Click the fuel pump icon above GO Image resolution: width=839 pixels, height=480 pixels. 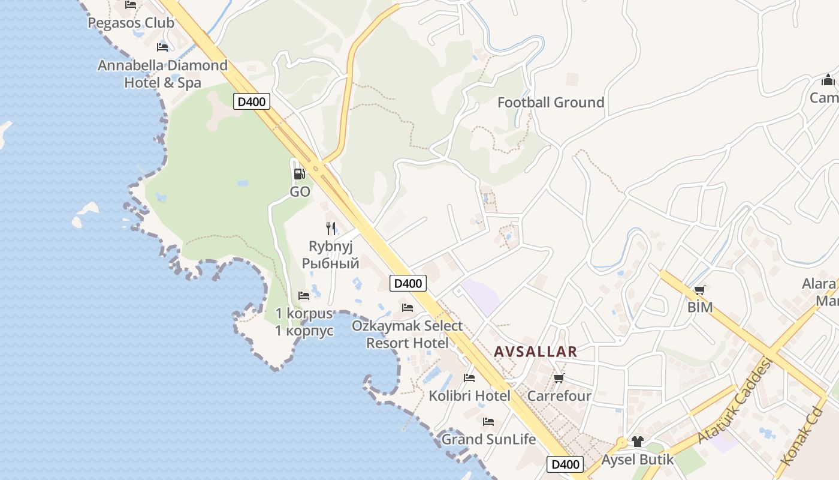[x=299, y=174]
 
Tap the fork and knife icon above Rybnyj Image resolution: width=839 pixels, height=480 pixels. [x=330, y=228]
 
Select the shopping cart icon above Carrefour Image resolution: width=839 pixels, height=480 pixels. [x=559, y=378]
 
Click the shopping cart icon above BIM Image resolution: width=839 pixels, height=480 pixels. [x=699, y=290]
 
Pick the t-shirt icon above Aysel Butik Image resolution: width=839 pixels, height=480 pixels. [x=637, y=442]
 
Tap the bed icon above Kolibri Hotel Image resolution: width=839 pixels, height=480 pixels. [x=469, y=378]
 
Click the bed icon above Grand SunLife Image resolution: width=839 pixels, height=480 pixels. [x=488, y=422]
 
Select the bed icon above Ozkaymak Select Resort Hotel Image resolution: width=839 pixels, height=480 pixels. [x=408, y=308]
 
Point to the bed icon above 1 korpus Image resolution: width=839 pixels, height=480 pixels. [x=304, y=295]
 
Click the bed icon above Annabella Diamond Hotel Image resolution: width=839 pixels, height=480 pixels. [x=162, y=47]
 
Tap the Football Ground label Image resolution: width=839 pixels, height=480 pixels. [x=551, y=103]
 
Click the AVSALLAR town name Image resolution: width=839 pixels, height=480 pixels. [x=536, y=352]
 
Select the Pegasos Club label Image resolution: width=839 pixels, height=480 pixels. [x=131, y=23]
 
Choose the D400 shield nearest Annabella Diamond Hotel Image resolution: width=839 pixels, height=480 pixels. [x=251, y=101]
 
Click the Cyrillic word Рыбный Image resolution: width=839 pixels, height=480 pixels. [x=330, y=263]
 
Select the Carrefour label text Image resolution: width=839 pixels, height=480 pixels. [x=559, y=396]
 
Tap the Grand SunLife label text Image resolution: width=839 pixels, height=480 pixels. [x=488, y=439]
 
